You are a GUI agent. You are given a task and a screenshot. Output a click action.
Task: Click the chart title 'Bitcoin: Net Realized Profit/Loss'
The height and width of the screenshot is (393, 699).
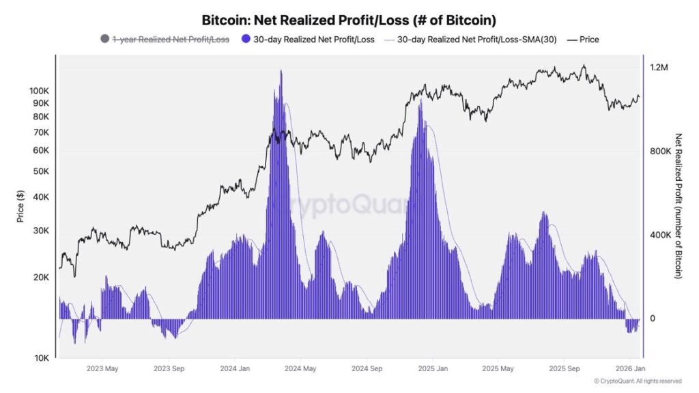[x=349, y=20]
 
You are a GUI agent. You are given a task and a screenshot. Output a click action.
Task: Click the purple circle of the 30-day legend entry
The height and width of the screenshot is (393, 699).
[x=247, y=40]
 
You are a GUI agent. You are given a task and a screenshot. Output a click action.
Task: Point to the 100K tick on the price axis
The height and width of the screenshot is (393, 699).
[x=38, y=91]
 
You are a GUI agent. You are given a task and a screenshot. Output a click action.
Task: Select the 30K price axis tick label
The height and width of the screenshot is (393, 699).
[x=40, y=231]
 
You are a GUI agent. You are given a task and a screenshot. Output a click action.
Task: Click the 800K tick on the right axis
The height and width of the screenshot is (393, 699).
[x=661, y=151]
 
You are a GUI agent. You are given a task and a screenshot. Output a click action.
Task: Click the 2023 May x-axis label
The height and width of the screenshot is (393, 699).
[x=102, y=368]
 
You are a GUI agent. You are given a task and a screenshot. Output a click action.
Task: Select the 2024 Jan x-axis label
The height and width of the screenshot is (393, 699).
[x=234, y=368]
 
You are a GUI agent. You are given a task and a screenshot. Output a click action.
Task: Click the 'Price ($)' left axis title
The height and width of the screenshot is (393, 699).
[x=20, y=207]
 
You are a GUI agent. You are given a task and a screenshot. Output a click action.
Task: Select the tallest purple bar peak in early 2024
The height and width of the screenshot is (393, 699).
[x=281, y=71]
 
